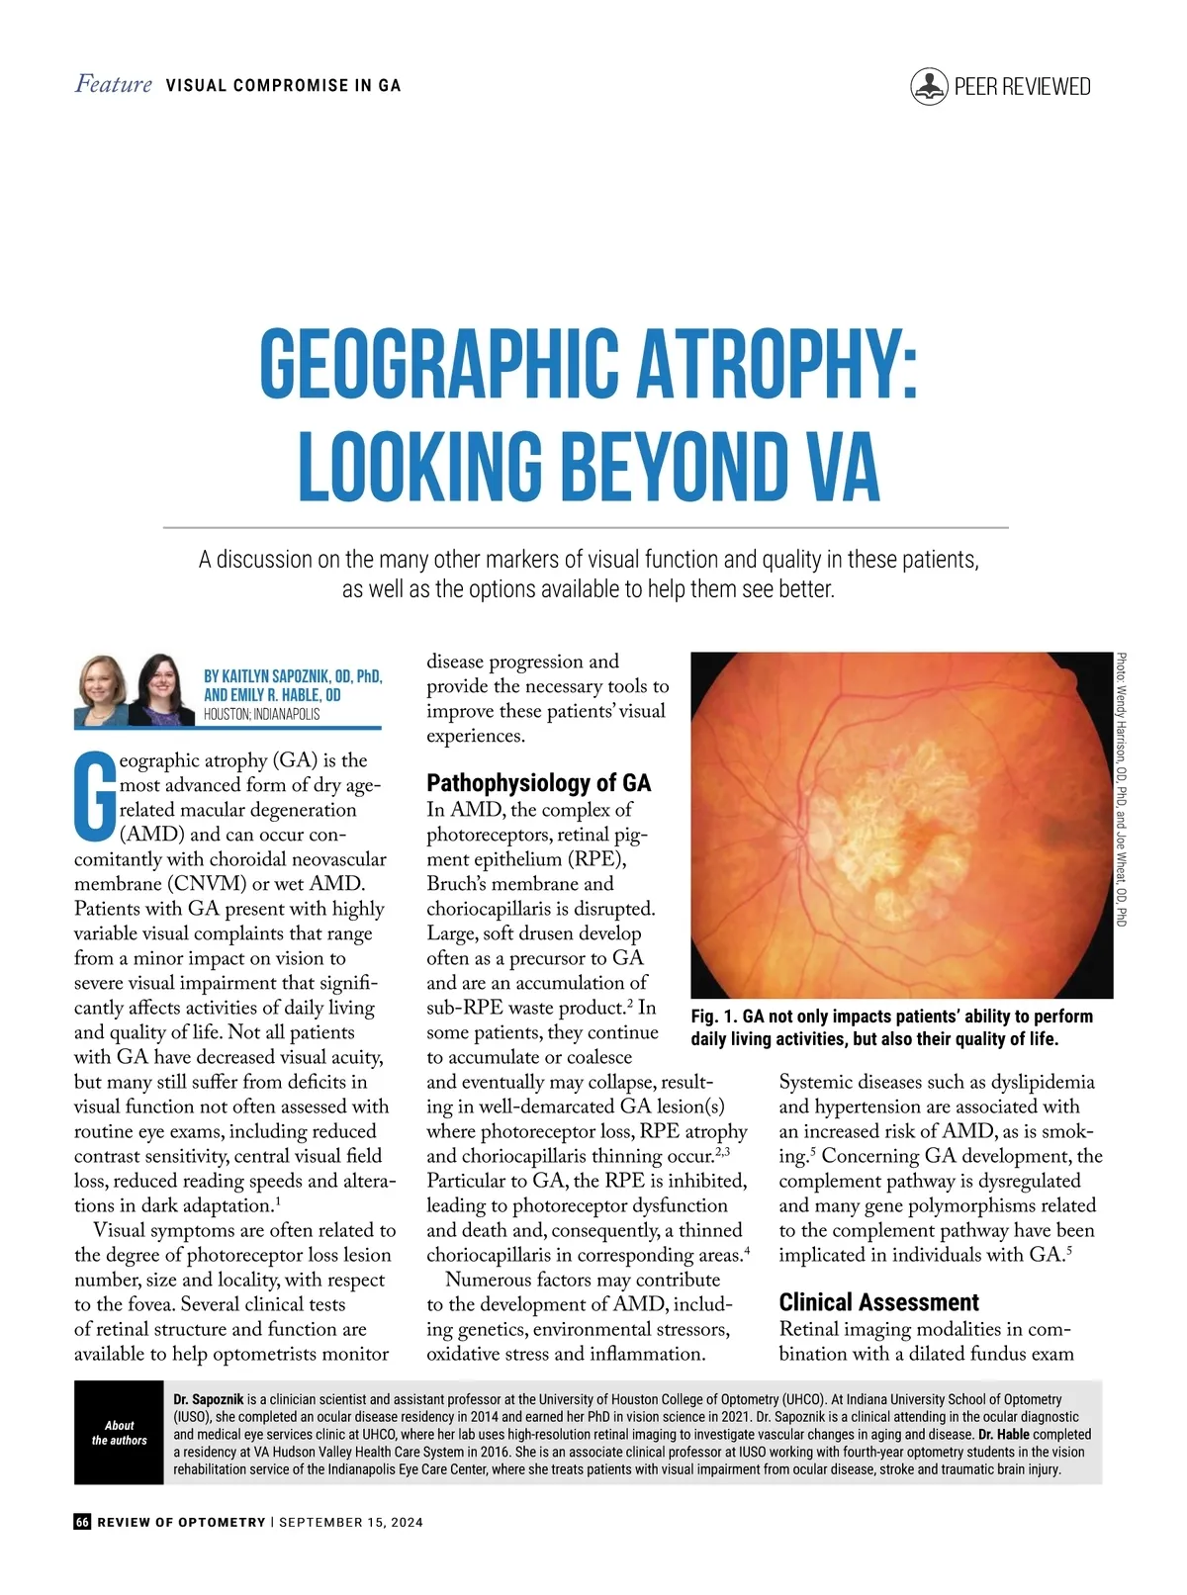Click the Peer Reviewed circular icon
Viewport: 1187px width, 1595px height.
pos(929,87)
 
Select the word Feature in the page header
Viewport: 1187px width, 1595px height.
pos(114,85)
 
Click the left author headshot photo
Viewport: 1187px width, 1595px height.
pos(102,688)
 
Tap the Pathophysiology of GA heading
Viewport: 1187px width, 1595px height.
pos(538,783)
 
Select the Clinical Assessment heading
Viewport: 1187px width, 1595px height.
pos(878,1302)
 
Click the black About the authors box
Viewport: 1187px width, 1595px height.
pos(119,1432)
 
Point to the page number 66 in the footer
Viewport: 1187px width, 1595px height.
pos(82,1522)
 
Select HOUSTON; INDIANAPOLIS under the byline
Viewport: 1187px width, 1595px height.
pos(262,714)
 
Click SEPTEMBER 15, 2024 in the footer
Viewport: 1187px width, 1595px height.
pos(351,1522)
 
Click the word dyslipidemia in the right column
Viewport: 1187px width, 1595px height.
pos(1043,1082)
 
